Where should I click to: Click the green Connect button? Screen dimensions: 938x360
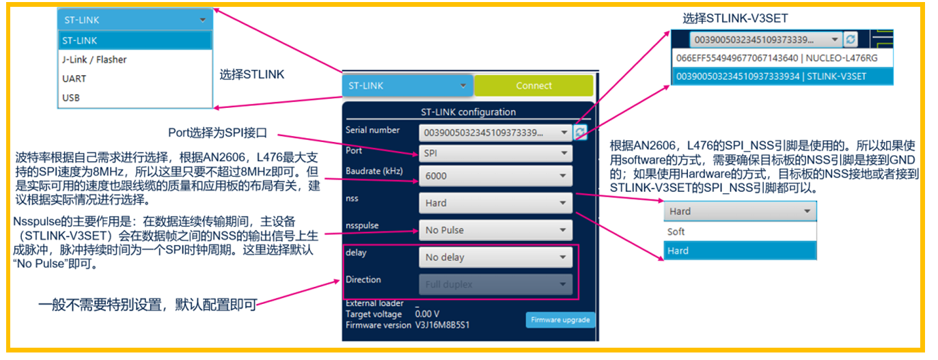pyautogui.click(x=534, y=85)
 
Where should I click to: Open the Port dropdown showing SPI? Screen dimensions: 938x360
pyautogui.click(x=495, y=153)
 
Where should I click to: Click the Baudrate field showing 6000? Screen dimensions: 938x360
pyautogui.click(x=495, y=176)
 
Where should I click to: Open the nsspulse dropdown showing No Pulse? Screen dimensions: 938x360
pyautogui.click(x=495, y=230)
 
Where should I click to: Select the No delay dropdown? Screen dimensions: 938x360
pyautogui.click(x=495, y=258)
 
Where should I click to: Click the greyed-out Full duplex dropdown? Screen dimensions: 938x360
pyautogui.click(x=495, y=284)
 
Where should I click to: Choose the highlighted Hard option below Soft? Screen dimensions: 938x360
pyautogui.click(x=739, y=251)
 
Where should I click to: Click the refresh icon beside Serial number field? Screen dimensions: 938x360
pyautogui.click(x=580, y=132)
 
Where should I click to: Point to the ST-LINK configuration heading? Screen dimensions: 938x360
pyautogui.click(x=468, y=111)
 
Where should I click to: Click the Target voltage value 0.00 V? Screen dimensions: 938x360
pyautogui.click(x=428, y=314)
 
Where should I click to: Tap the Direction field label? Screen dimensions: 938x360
pyautogui.click(x=363, y=279)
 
